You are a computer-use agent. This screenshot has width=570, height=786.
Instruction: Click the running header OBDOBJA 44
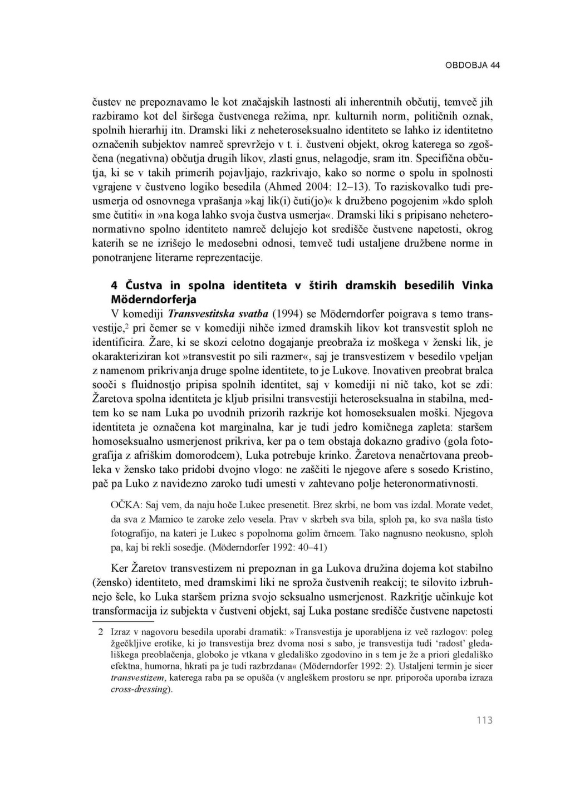(x=472, y=65)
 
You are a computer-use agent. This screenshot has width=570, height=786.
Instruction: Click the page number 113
(x=484, y=720)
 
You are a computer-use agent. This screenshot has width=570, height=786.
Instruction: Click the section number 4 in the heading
(x=114, y=286)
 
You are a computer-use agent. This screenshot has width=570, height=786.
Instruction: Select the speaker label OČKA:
(x=127, y=505)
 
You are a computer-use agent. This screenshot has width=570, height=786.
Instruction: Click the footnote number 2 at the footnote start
(x=100, y=632)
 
